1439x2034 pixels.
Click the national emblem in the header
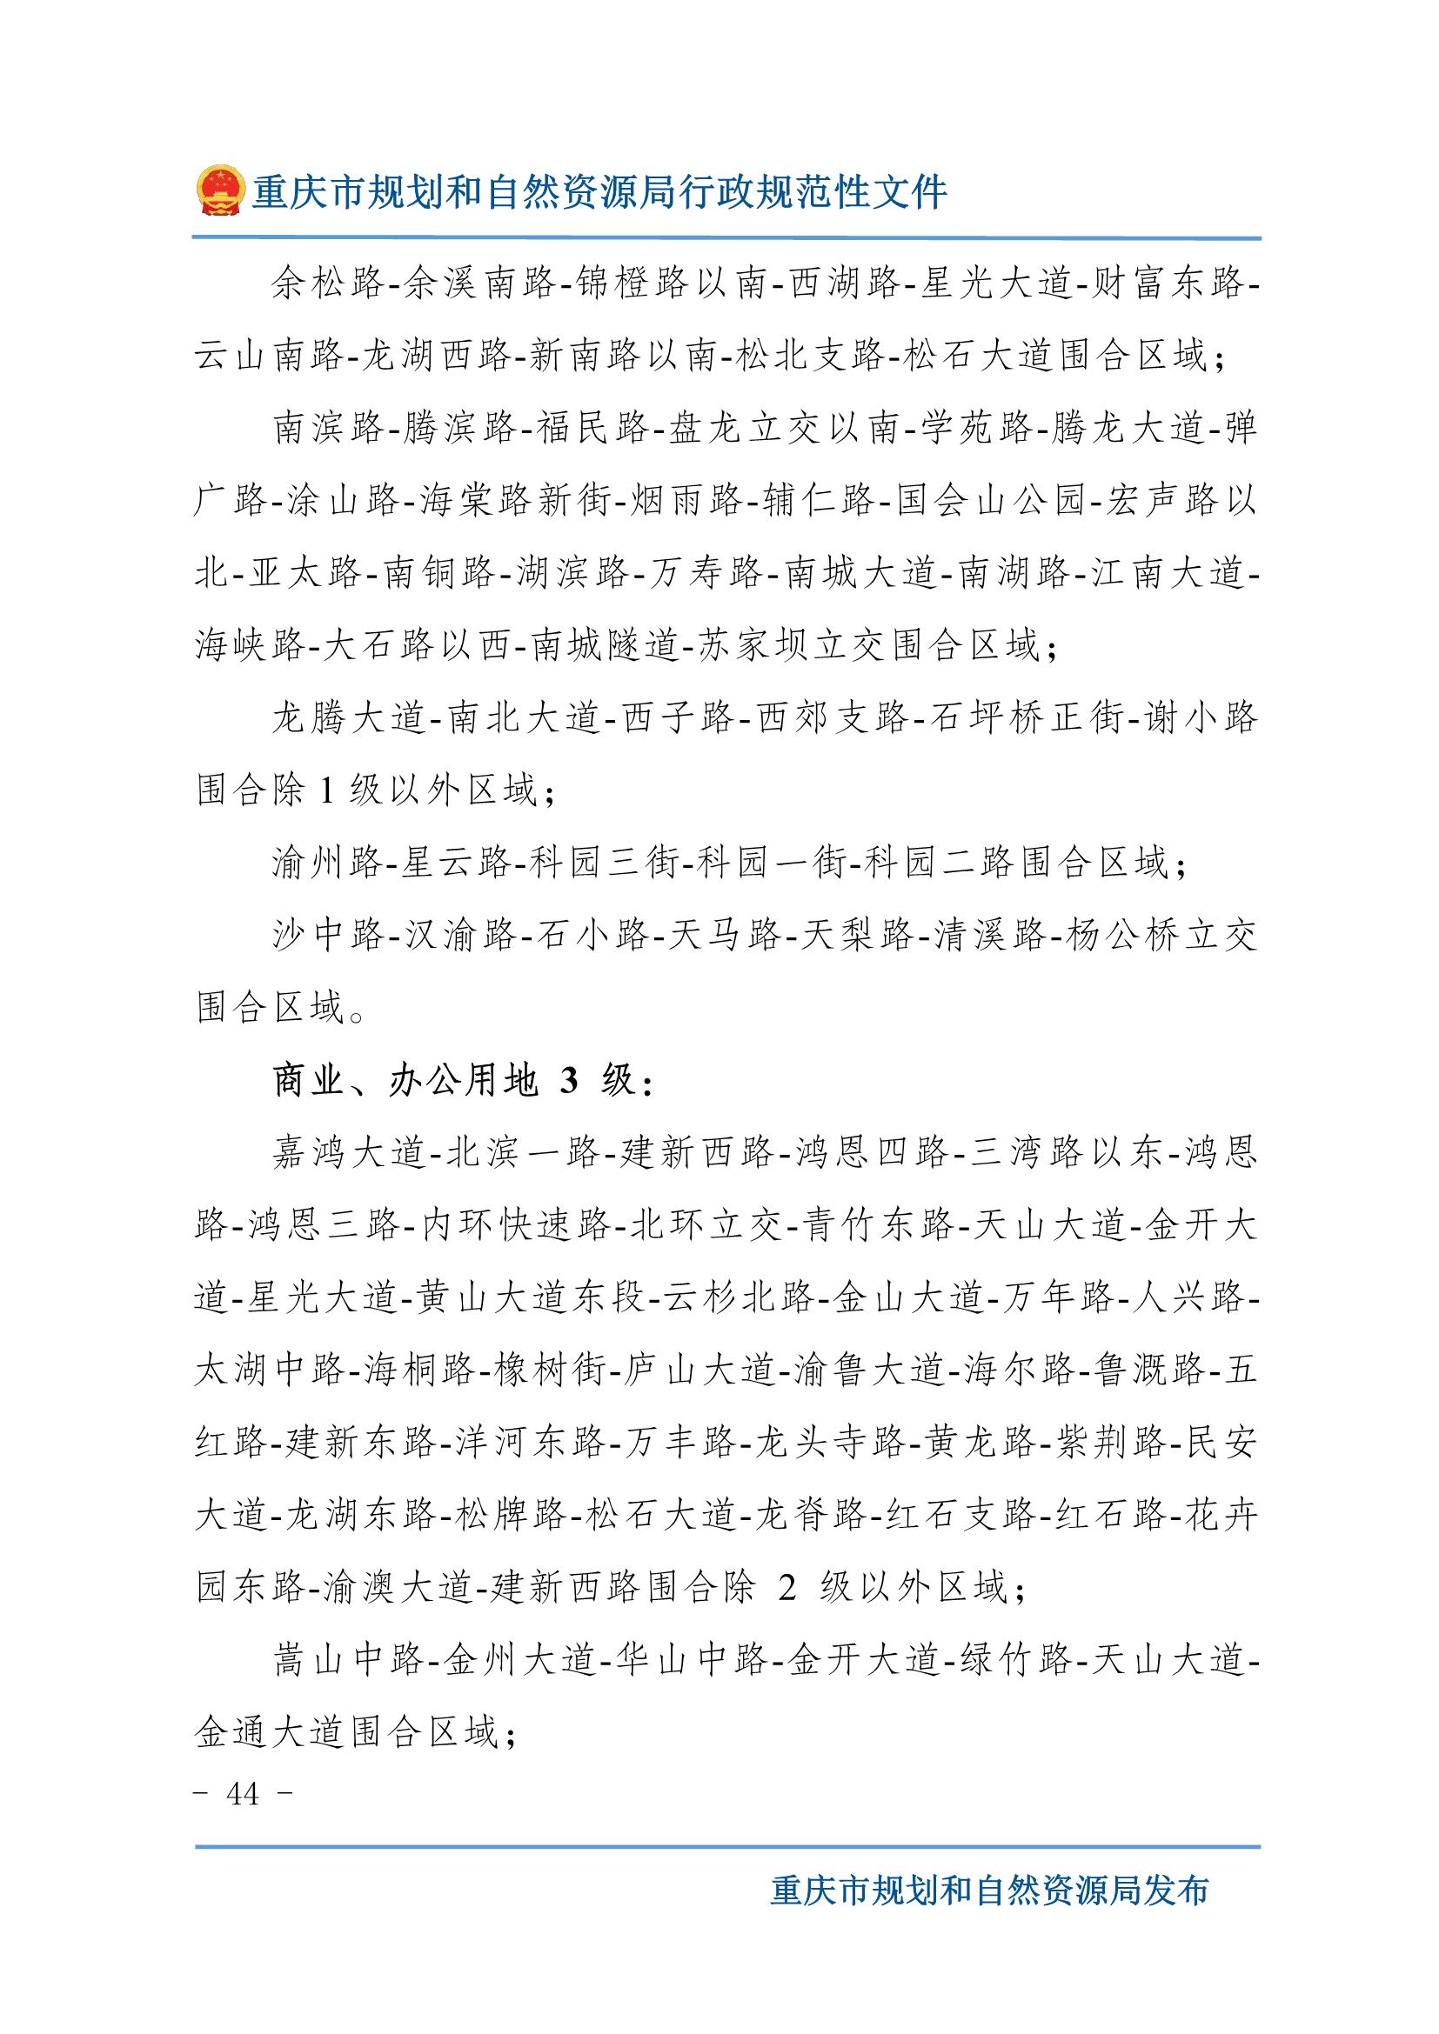click(x=219, y=190)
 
